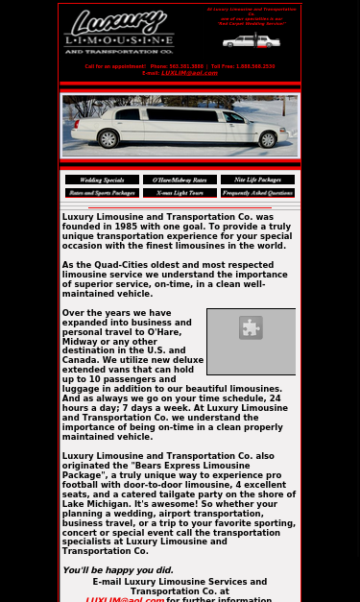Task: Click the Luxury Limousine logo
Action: (119, 31)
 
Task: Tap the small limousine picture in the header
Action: (251, 41)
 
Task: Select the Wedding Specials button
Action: (102, 180)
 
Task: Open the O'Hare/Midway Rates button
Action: (180, 180)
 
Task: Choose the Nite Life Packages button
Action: (257, 180)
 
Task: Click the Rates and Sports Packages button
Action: (102, 193)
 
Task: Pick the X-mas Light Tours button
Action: (180, 193)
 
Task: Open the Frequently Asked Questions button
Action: (257, 193)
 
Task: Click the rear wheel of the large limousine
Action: (108, 140)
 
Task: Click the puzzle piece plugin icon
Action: (251, 328)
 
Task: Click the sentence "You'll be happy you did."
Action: (118, 570)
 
